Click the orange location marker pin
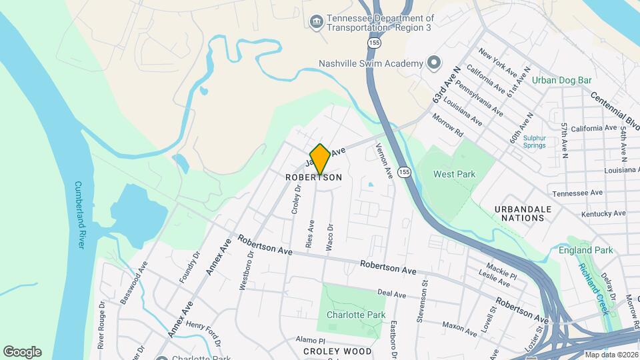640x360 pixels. (320, 159)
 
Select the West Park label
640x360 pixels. (454, 175)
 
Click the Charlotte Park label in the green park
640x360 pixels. (356, 315)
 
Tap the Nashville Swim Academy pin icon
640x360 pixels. (434, 63)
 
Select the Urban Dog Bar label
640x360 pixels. (562, 80)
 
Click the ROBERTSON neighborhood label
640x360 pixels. (313, 178)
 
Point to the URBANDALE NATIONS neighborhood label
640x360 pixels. (523, 213)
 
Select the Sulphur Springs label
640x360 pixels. (534, 142)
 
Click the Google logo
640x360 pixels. (22, 352)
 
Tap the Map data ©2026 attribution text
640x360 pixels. (611, 355)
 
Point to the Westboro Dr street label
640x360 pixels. (246, 271)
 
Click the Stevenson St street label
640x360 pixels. (421, 302)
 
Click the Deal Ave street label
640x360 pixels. (391, 293)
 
